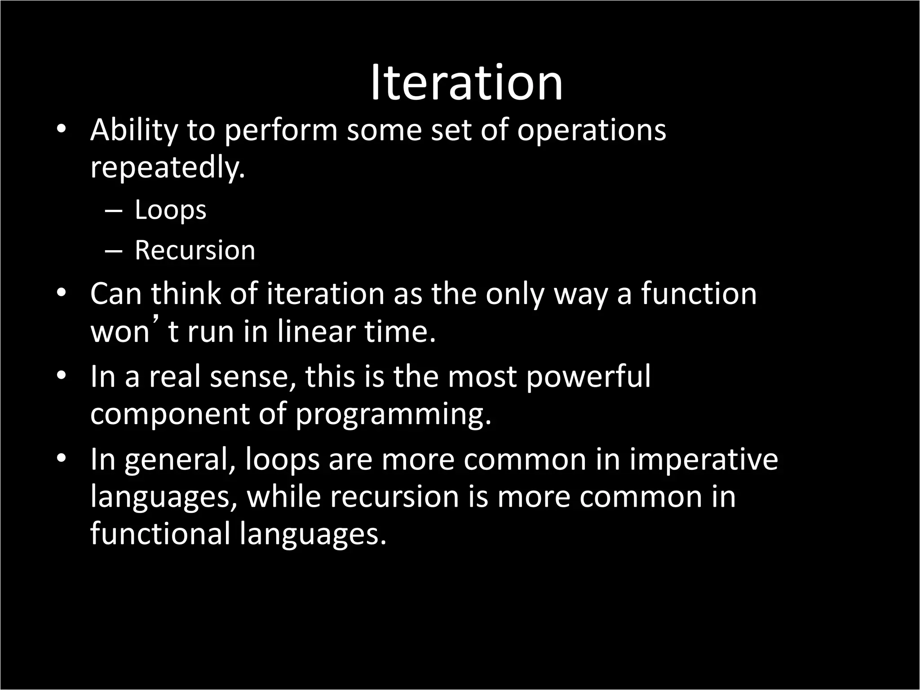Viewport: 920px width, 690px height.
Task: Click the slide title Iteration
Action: (x=466, y=83)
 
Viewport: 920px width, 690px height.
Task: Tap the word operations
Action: (x=591, y=130)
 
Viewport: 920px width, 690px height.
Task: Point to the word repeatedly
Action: (x=168, y=168)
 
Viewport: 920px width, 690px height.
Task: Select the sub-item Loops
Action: (x=170, y=210)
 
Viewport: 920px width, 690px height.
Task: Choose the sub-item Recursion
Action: (x=195, y=250)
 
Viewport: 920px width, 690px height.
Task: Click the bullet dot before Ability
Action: (x=62, y=129)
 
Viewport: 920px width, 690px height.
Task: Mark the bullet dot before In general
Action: (x=62, y=459)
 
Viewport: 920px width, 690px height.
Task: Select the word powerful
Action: (x=588, y=376)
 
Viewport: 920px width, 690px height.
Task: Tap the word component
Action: (x=169, y=414)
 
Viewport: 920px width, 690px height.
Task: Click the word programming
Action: (x=394, y=414)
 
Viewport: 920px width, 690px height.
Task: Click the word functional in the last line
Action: (x=160, y=534)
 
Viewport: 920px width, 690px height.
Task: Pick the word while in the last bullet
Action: (x=284, y=496)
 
